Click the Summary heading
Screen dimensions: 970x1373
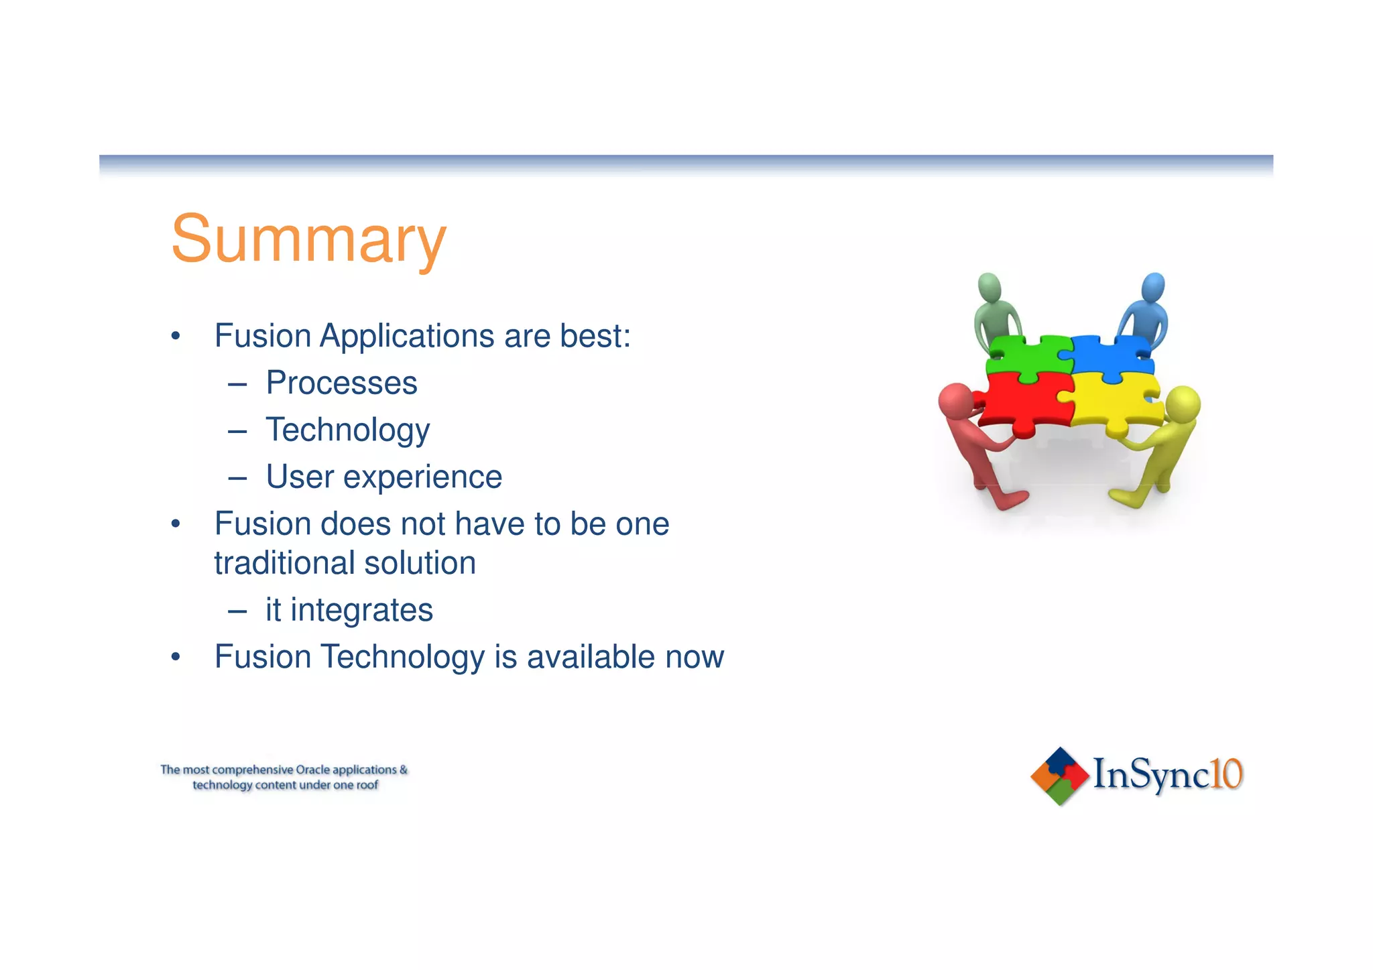pos(308,240)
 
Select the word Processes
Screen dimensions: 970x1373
pos(341,383)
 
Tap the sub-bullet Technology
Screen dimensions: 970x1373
pos(347,430)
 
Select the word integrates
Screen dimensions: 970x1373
pos(361,611)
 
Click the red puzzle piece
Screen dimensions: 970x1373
pos(1020,402)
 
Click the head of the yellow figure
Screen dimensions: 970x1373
pos(1183,404)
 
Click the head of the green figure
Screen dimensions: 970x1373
pos(990,288)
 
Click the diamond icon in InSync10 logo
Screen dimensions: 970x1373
pos(1059,776)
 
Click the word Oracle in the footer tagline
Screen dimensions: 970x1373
pos(312,770)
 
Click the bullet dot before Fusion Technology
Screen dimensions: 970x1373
pos(176,657)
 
